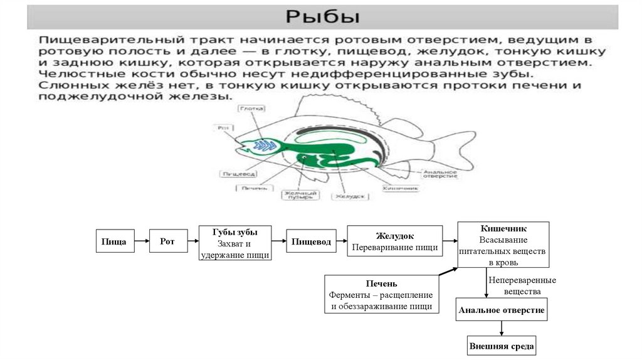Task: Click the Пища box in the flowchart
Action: (115, 241)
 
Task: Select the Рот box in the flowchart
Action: (167, 241)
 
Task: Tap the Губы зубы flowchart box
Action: (235, 243)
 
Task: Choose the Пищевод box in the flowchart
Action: (310, 241)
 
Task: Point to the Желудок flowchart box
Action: (394, 241)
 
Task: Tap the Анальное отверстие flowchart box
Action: (502, 310)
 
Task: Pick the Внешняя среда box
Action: (502, 346)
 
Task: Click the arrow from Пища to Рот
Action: (142, 241)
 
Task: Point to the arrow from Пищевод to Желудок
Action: (340, 241)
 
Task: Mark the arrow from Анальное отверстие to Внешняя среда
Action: (502, 329)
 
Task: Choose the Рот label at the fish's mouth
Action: (223, 128)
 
